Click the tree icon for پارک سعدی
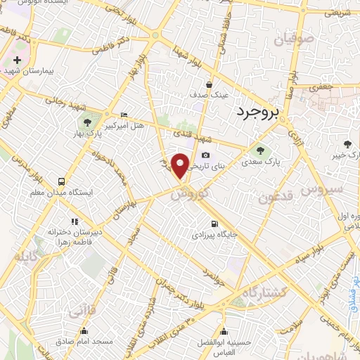[x=262, y=150]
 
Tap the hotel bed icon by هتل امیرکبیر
[x=124, y=115]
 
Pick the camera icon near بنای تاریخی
[x=205, y=155]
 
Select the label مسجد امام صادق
[x=84, y=341]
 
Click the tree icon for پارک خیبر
[x=346, y=144]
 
